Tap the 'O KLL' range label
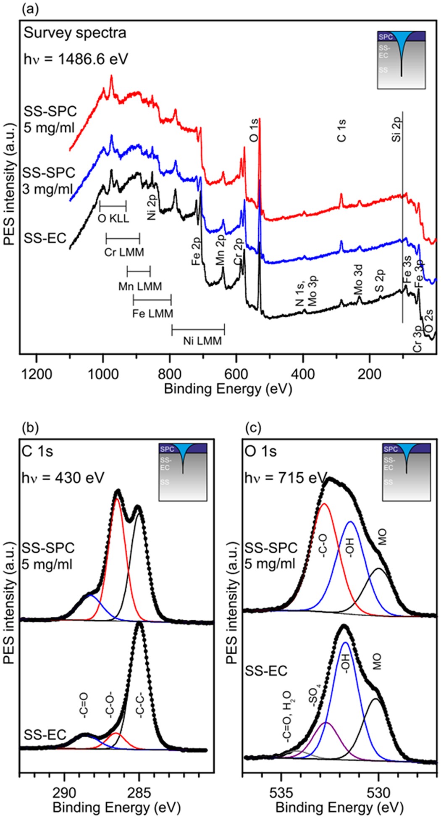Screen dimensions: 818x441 [113, 218]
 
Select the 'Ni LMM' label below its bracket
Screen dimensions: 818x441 [202, 341]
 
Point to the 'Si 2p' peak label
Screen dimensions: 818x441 [396, 129]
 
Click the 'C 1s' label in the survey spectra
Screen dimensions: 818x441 [342, 130]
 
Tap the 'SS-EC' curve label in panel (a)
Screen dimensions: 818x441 [45, 238]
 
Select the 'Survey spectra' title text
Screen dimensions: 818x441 [75, 33]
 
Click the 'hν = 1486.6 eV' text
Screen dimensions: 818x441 [76, 58]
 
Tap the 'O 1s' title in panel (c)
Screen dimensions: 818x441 [261, 451]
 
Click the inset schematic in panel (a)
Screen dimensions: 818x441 [402, 59]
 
